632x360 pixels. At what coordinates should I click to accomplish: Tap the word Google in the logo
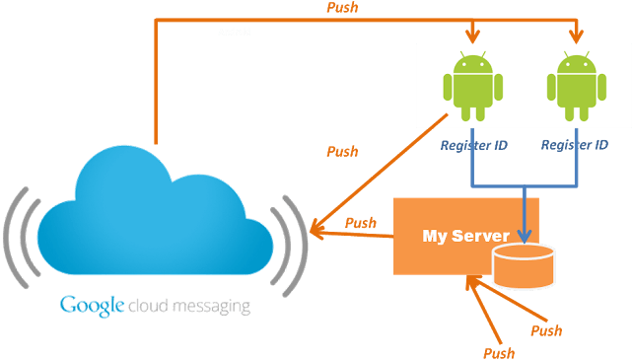pyautogui.click(x=92, y=305)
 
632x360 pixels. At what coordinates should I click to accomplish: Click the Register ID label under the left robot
pyautogui.click(x=473, y=145)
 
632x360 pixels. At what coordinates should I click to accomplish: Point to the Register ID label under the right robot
pyautogui.click(x=575, y=145)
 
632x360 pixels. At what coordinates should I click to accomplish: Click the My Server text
pyautogui.click(x=465, y=236)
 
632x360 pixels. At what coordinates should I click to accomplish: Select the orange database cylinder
pyautogui.click(x=524, y=265)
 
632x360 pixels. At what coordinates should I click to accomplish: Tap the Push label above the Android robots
pyautogui.click(x=341, y=8)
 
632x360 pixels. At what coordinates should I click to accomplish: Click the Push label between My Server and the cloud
pyautogui.click(x=361, y=223)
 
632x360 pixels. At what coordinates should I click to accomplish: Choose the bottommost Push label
pyautogui.click(x=499, y=352)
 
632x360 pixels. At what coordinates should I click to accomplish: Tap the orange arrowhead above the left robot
pyautogui.click(x=474, y=37)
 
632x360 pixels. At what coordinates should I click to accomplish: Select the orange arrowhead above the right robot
pyautogui.click(x=576, y=37)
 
